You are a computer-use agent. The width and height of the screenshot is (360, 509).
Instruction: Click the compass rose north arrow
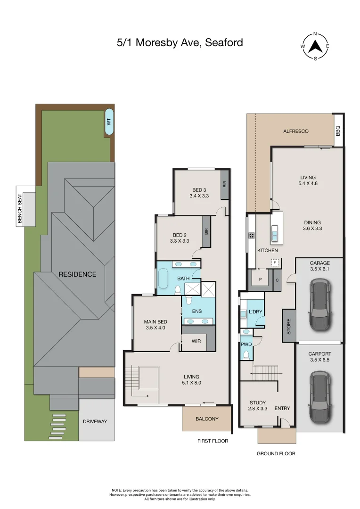(x=316, y=46)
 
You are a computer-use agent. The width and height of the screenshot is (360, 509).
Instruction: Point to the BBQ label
(x=338, y=131)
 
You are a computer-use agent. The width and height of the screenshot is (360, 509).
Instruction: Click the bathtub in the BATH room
(x=163, y=279)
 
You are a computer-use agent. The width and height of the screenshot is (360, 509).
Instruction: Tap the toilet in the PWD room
(x=245, y=355)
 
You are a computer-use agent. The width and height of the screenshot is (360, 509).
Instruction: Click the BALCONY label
(x=207, y=419)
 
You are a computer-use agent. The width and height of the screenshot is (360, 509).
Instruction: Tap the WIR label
(x=196, y=341)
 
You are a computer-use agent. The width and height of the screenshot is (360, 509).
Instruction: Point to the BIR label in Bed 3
(x=225, y=184)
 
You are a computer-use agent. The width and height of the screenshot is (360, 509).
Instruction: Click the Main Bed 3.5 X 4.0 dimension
(x=155, y=328)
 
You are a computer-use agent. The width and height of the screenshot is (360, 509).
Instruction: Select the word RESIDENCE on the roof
(x=77, y=274)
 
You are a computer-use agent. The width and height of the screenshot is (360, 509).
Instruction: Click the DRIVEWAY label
(x=98, y=421)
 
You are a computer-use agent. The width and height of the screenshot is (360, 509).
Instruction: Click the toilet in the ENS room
(x=189, y=300)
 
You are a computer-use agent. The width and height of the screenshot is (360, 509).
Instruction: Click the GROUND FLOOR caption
(x=276, y=453)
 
